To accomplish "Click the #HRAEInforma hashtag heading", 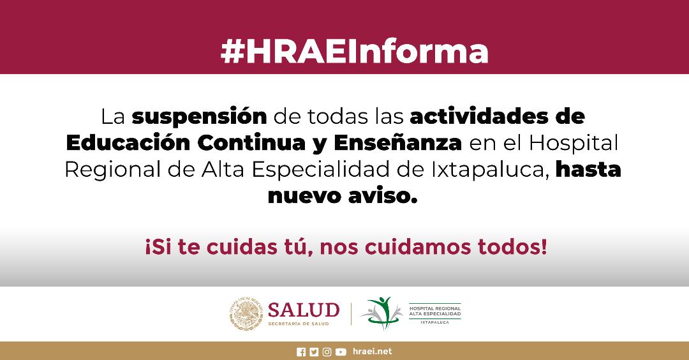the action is click(x=354, y=52).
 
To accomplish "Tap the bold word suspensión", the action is click(x=200, y=117).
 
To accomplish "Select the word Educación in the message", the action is click(x=128, y=143).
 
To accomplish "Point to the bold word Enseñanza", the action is click(x=397, y=143).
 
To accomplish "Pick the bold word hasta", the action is click(x=588, y=169).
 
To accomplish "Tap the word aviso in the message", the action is click(x=382, y=196).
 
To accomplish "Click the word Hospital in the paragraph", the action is click(x=574, y=143).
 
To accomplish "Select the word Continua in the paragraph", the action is click(x=251, y=143).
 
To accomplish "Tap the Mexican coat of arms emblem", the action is click(x=246, y=314).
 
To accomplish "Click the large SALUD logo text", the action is click(x=304, y=310).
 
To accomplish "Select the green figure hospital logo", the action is click(x=382, y=313).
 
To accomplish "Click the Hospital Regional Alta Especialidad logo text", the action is click(x=435, y=313).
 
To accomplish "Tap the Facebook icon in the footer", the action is click(x=301, y=352).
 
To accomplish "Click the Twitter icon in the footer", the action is click(x=314, y=352).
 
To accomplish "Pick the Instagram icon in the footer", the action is click(x=327, y=352).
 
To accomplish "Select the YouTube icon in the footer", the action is click(x=341, y=352).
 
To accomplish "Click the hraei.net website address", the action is click(x=372, y=352).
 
